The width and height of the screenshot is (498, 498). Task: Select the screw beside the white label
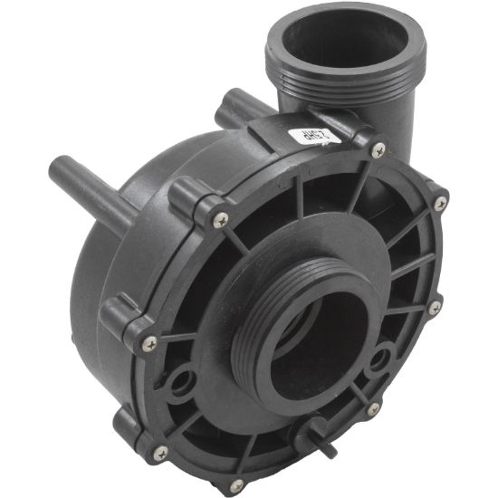tap(378, 149)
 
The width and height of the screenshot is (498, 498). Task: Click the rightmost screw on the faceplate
tap(440, 204)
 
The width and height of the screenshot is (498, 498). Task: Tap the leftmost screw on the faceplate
tap(150, 343)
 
